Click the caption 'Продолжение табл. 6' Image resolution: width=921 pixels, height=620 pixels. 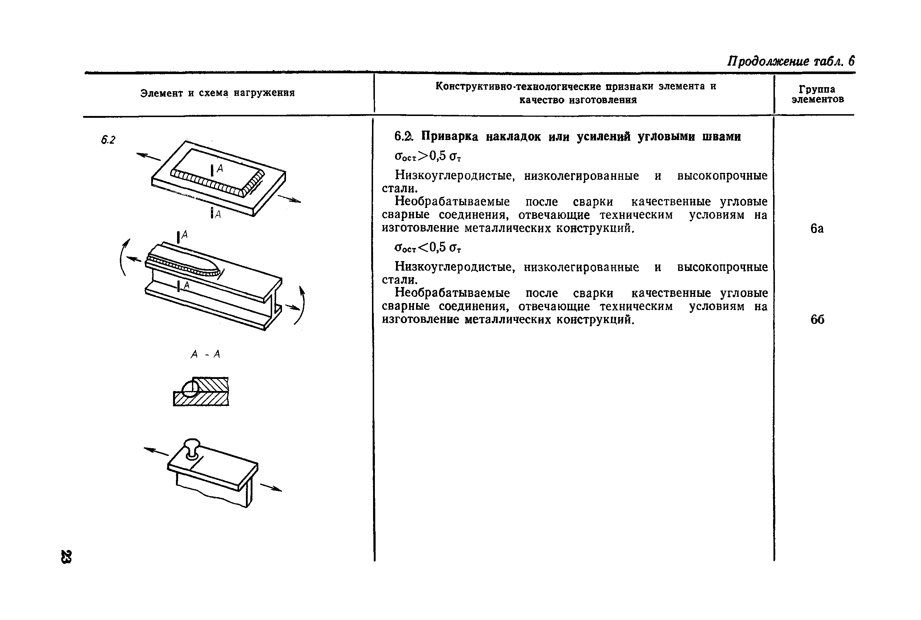(x=791, y=61)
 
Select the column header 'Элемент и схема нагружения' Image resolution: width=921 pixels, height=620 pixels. (x=217, y=93)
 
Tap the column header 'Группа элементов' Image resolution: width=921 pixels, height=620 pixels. (x=817, y=94)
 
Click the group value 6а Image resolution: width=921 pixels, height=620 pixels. (x=817, y=229)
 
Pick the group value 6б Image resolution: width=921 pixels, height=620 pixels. (x=817, y=319)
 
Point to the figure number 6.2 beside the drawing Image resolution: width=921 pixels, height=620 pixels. (x=108, y=140)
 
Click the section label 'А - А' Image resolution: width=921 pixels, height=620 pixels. (x=205, y=354)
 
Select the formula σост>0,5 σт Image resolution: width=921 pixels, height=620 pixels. (x=428, y=156)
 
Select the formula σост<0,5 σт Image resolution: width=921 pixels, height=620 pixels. (x=428, y=248)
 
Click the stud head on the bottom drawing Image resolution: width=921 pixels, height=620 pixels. (x=192, y=444)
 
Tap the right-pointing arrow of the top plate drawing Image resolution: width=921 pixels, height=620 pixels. (x=290, y=199)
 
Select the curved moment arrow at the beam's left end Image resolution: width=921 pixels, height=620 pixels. (x=124, y=257)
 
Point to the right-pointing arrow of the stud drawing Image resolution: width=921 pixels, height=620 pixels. (x=271, y=488)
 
